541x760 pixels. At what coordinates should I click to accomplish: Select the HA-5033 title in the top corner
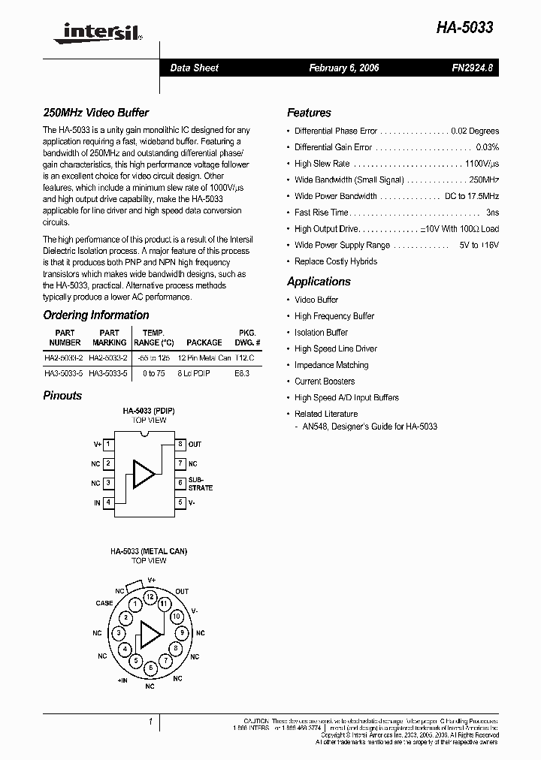(x=465, y=28)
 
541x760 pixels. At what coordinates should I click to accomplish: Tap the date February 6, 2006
(x=344, y=68)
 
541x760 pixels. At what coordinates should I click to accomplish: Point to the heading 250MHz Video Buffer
(x=95, y=113)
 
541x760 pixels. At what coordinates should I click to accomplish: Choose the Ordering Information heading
(x=95, y=315)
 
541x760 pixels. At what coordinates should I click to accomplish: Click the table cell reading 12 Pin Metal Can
(x=204, y=358)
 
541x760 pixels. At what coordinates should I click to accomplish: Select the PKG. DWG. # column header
(x=247, y=337)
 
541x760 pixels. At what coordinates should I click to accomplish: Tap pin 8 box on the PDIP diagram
(x=180, y=445)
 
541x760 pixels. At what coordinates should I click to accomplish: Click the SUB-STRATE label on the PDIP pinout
(x=200, y=483)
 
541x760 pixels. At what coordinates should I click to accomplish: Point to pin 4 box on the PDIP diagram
(x=108, y=502)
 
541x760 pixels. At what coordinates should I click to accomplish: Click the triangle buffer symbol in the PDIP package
(x=143, y=472)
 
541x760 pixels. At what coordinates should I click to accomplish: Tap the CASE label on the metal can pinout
(x=104, y=603)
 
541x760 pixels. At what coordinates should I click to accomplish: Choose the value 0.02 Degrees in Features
(x=474, y=131)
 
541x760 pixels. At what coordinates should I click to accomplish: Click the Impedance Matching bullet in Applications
(x=331, y=365)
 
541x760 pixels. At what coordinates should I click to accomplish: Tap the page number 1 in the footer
(x=151, y=722)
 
